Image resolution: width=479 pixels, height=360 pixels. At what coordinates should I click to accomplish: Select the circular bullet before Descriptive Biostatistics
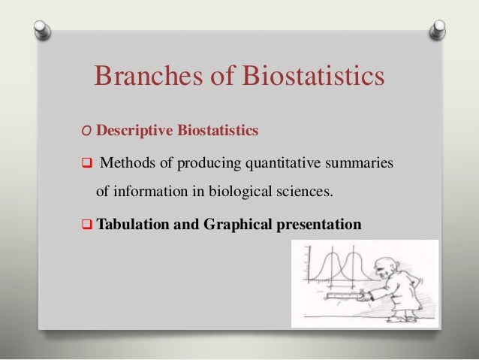click(88, 132)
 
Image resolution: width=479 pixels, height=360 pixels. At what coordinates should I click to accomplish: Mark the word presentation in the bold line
click(321, 223)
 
